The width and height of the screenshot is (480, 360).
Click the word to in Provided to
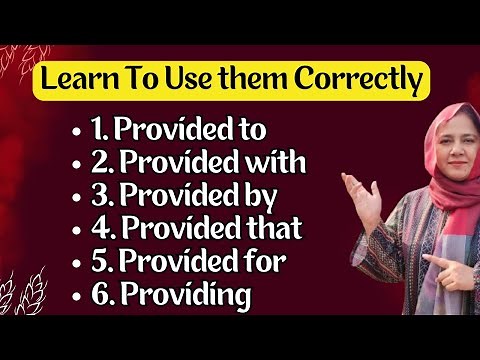(252, 128)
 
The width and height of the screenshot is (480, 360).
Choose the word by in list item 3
(257, 195)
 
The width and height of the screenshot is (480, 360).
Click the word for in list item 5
(262, 262)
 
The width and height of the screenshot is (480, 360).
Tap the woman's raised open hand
(362, 190)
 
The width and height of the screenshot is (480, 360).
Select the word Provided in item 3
(171, 195)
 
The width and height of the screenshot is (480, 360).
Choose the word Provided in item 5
(171, 262)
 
